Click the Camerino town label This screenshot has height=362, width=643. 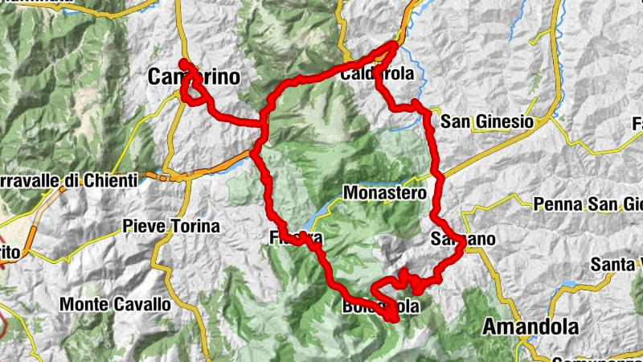195,77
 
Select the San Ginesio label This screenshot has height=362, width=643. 488,121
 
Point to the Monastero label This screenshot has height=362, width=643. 384,193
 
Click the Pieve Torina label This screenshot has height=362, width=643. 171,227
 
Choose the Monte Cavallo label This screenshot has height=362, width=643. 116,305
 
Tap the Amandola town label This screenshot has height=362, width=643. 530,327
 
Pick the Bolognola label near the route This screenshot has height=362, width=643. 380,307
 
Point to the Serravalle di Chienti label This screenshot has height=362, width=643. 68,181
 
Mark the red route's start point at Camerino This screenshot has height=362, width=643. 183,63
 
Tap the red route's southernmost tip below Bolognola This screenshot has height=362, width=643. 394,319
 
